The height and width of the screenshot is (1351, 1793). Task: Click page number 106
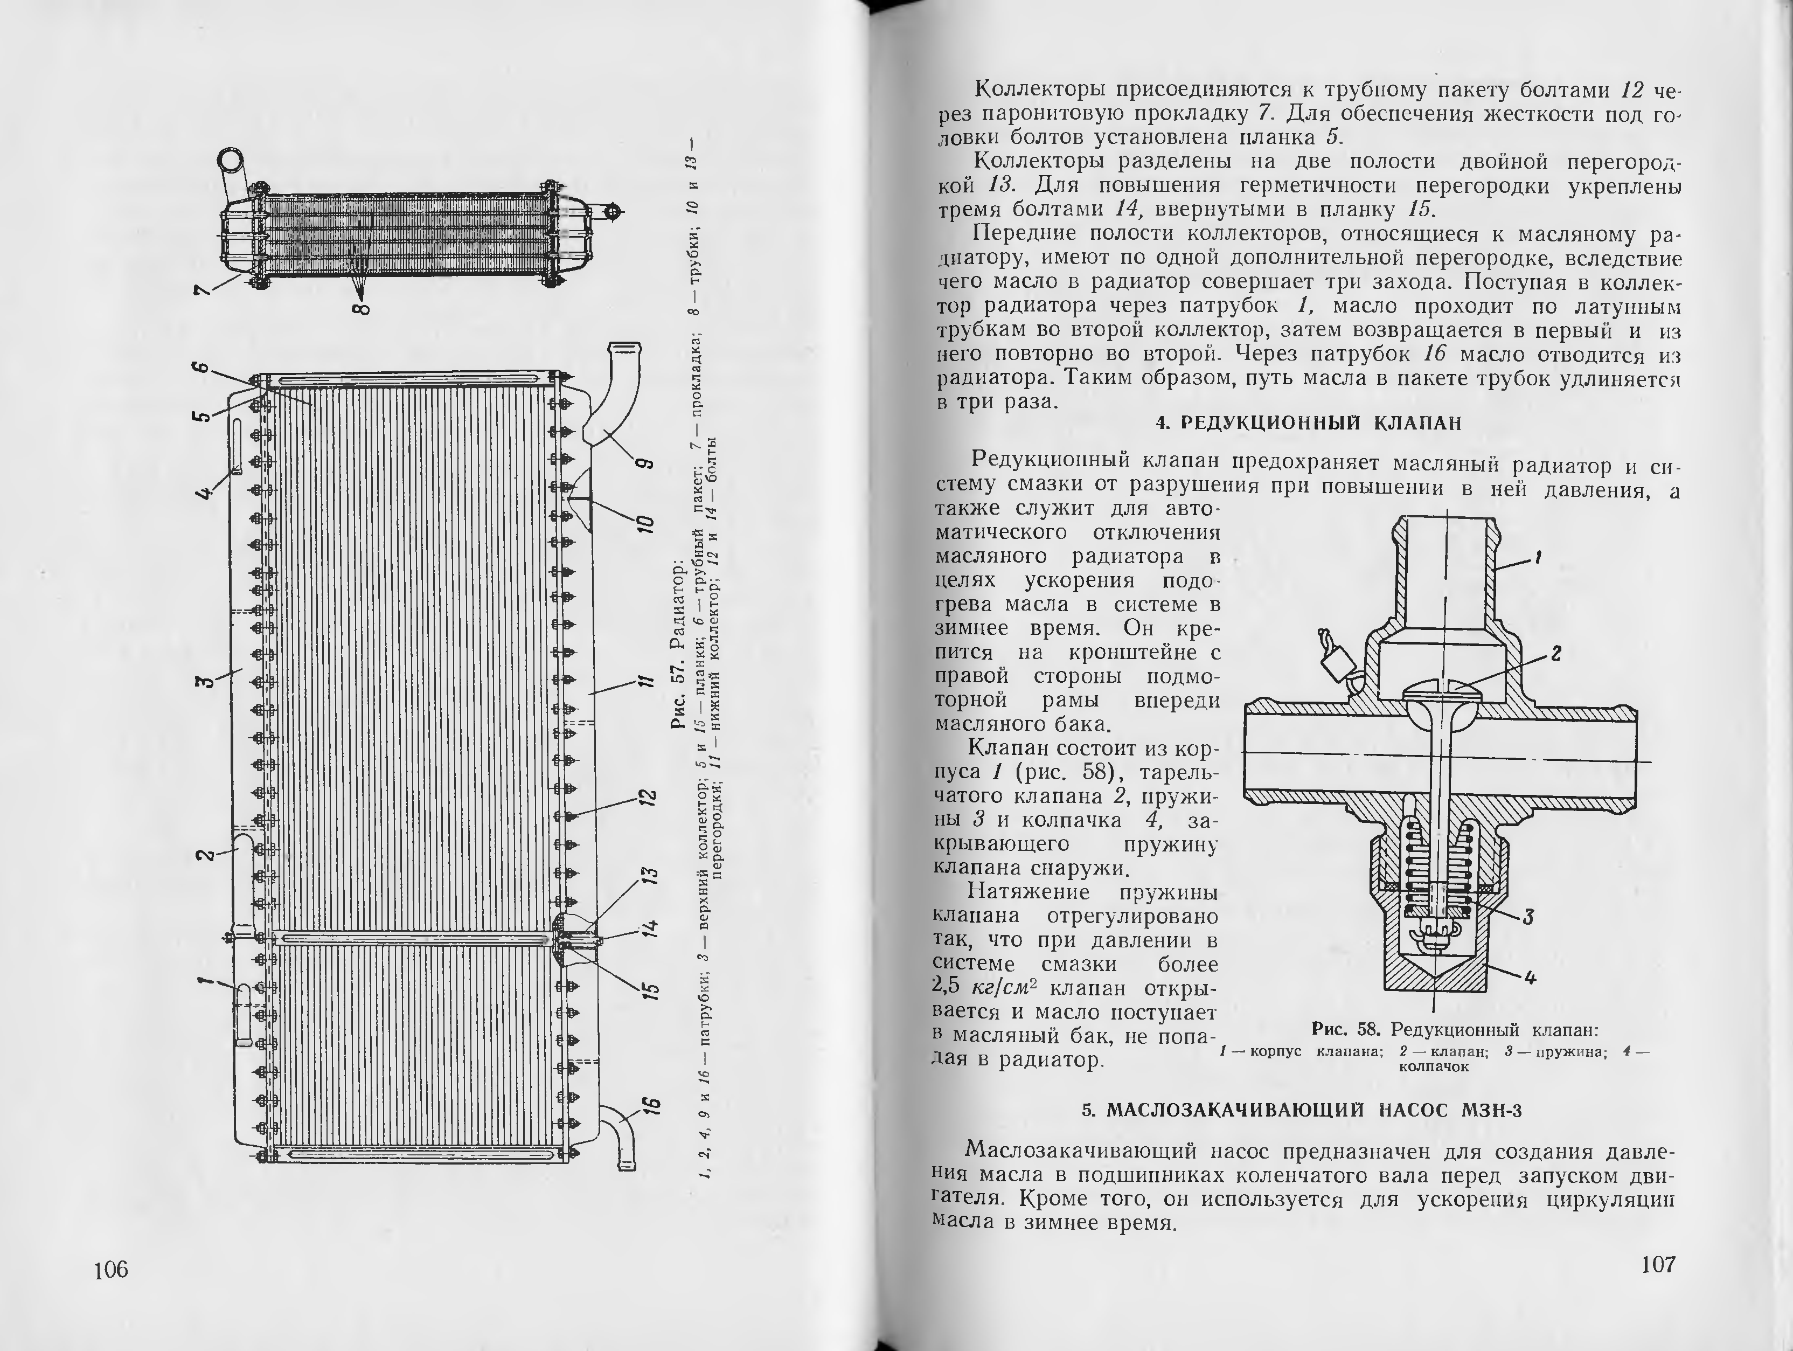111,1269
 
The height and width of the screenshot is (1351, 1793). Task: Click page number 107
1658,1264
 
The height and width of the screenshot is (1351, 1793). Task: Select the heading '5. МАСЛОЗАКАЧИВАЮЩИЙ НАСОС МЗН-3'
1302,1110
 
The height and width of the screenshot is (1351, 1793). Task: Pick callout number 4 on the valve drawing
1530,979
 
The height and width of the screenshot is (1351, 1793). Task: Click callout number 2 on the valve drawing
1555,654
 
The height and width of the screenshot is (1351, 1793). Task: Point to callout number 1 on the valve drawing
1538,557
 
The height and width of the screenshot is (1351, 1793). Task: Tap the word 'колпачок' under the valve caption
1434,1066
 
